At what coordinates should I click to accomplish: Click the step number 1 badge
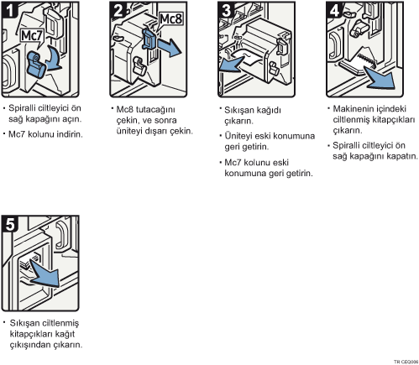tap(10, 10)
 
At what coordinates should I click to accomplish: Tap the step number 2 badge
tap(118, 10)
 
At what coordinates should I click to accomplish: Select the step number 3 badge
tap(226, 10)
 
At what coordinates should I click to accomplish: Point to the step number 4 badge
tap(334, 10)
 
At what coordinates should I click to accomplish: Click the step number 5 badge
tap(10, 224)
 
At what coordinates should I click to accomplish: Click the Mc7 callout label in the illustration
tap(32, 36)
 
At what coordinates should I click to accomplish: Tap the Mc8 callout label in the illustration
tap(170, 19)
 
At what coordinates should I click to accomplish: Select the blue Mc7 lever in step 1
tap(36, 65)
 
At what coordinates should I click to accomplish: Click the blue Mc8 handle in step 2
tap(149, 39)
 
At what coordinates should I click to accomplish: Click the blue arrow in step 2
tap(169, 47)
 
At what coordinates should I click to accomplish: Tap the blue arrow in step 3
tap(232, 65)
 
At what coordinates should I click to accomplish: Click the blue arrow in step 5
tap(45, 274)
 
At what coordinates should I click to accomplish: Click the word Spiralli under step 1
tap(22, 108)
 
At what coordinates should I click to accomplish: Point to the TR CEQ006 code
tap(406, 362)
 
